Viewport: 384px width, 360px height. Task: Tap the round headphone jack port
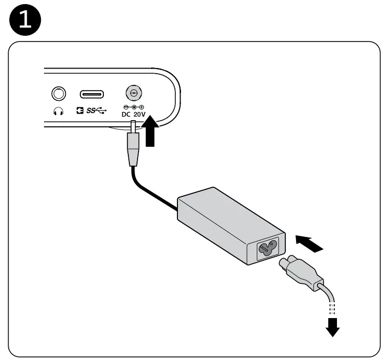59,94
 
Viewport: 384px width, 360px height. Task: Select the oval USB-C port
92,94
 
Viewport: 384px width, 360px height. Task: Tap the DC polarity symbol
133,106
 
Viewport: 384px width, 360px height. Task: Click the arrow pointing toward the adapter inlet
309,242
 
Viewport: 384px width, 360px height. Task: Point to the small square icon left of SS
80,111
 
